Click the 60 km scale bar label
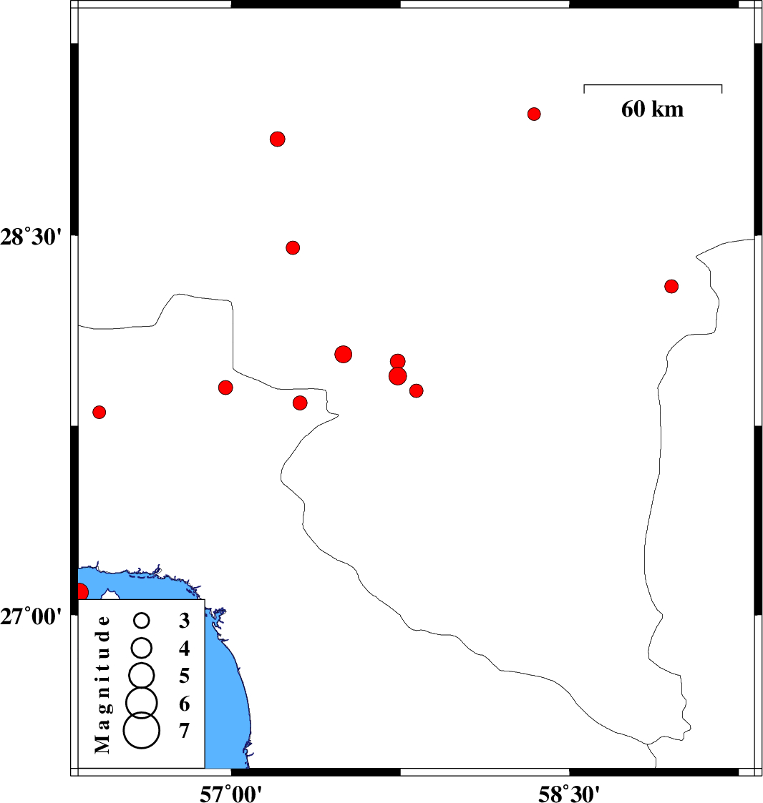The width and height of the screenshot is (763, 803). pos(652,109)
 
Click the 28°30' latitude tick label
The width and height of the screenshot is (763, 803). pos(31,237)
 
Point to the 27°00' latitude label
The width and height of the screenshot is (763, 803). pos(31,616)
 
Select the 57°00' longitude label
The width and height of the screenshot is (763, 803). pos(230,793)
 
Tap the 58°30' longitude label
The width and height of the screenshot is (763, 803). pos(568,793)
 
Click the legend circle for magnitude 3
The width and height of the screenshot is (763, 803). pos(142,621)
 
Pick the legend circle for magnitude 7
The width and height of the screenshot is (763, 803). pos(142,730)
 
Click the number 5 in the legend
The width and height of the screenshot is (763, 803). pos(184,676)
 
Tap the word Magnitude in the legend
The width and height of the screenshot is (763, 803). pos(102,685)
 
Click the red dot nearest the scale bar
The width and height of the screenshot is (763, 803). pos(534,114)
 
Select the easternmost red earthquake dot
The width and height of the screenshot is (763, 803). pos(671,286)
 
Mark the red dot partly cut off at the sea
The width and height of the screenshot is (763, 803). pos(82,592)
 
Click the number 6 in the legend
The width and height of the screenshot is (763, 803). pos(184,704)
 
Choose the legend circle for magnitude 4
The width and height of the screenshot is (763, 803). pos(142,648)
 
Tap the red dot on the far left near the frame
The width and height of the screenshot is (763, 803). pos(99,412)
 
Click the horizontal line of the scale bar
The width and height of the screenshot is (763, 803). pos(653,85)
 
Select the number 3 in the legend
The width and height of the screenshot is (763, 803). pos(184,621)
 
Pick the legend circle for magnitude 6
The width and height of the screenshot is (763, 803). pos(142,703)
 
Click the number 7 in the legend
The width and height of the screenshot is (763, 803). pos(184,731)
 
